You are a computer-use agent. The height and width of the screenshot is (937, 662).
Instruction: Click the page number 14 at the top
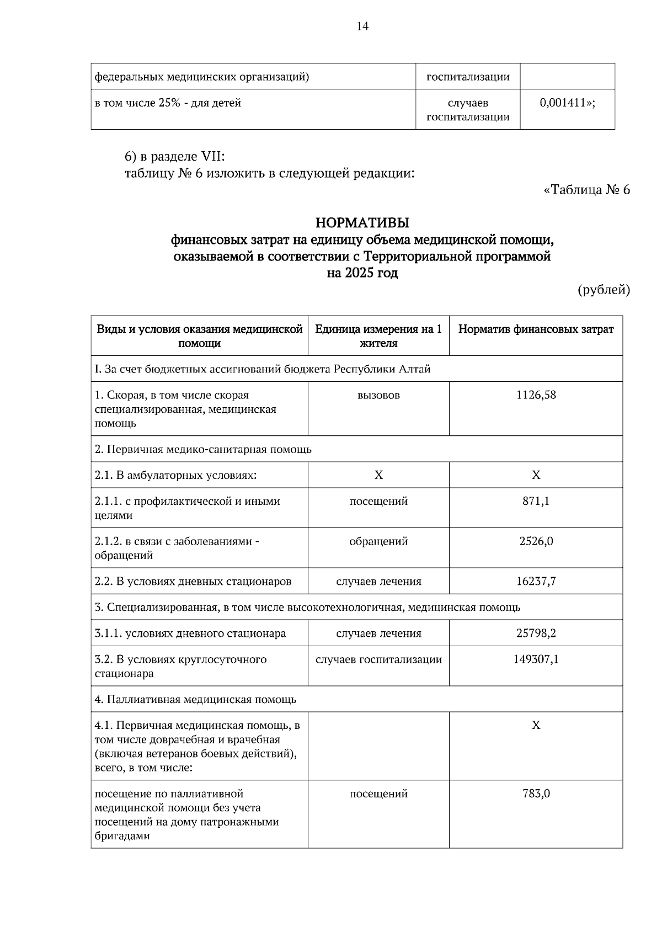point(362,26)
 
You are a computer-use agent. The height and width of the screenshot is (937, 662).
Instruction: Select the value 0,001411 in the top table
point(566,103)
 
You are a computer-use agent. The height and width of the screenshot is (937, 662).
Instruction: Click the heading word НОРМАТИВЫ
point(362,223)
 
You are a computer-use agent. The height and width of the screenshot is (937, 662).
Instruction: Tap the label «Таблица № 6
point(586,190)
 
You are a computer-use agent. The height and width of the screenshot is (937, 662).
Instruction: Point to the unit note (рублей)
point(604,290)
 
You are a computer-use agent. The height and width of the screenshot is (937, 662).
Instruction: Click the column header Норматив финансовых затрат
point(536,329)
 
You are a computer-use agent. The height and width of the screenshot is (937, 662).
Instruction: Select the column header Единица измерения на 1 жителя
point(378,336)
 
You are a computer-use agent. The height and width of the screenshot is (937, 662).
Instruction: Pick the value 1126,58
point(536,395)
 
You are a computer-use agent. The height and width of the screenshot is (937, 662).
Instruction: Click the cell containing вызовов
point(378,395)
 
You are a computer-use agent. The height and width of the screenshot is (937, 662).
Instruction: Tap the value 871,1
point(536,501)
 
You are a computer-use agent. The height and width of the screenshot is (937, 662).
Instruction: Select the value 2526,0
point(536,541)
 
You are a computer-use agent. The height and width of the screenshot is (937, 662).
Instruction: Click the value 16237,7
point(536,581)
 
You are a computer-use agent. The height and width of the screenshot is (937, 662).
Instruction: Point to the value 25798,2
point(536,633)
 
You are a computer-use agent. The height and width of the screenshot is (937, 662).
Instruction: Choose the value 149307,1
point(536,659)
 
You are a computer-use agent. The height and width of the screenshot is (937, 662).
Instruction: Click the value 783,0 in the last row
point(536,794)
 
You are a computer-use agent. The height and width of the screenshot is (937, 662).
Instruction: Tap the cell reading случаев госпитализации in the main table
point(378,659)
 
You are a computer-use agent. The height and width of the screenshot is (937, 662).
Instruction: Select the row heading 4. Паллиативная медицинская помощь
point(195,699)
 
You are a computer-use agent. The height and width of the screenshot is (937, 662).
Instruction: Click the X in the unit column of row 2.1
point(378,475)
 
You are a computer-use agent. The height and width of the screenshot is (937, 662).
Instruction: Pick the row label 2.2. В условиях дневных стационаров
point(193,581)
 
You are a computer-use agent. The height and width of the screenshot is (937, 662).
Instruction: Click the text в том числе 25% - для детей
point(168,103)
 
